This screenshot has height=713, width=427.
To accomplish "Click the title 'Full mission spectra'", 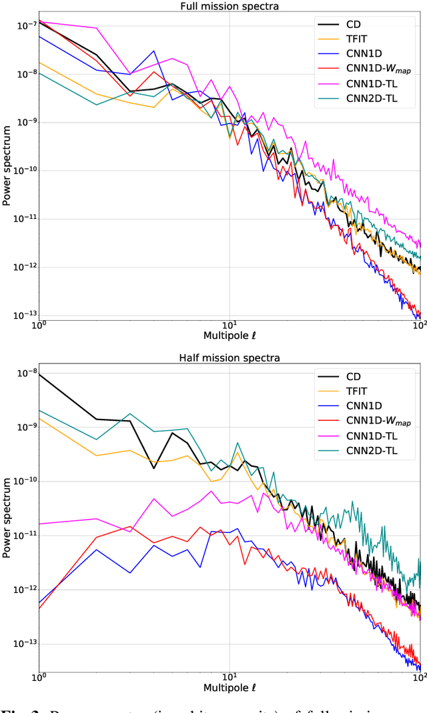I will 230,6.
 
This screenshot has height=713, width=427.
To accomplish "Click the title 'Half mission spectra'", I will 230,358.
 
